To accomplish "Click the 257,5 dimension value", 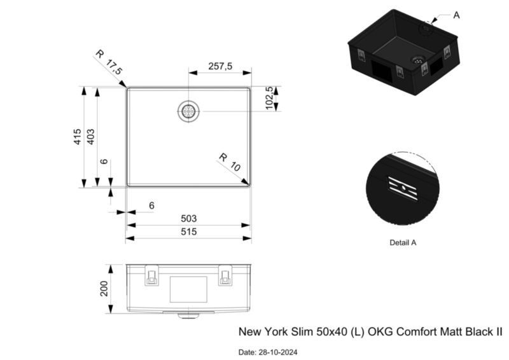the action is click(x=220, y=66).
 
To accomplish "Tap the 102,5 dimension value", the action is click(x=269, y=98).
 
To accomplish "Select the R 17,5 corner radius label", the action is click(x=109, y=62).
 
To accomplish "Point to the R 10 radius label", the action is click(x=230, y=162).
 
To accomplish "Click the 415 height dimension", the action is click(x=77, y=137).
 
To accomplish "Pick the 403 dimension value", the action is click(x=90, y=137).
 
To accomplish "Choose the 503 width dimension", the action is click(x=188, y=218).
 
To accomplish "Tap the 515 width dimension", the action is click(x=188, y=232).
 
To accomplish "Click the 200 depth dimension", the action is click(x=104, y=289).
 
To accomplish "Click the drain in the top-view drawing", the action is click(x=188, y=111).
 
